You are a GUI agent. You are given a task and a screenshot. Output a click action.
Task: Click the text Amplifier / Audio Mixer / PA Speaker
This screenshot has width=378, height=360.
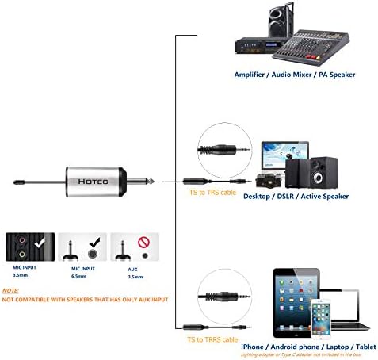click(x=294, y=75)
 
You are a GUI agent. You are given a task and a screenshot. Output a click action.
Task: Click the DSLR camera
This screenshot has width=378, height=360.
click(x=267, y=177)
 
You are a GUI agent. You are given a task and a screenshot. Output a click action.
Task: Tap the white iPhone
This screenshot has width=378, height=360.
click(x=319, y=319)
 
